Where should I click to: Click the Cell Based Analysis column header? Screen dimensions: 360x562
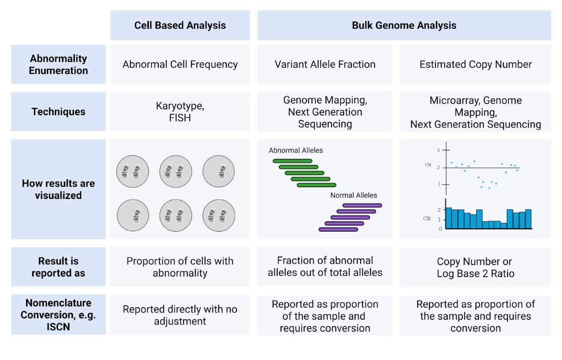pyautogui.click(x=180, y=25)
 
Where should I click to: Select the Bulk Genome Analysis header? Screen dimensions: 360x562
pyautogui.click(x=404, y=25)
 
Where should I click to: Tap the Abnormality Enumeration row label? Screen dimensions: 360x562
pyautogui.click(x=59, y=65)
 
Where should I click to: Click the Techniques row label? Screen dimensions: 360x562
pyautogui.click(x=59, y=112)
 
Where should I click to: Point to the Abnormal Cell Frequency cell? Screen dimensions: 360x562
pyautogui.click(x=180, y=65)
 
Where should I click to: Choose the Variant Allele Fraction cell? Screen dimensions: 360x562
pyautogui.click(x=325, y=65)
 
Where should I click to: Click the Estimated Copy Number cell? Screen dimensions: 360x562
pyautogui.click(x=475, y=65)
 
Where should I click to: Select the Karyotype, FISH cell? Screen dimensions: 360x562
pyautogui.click(x=180, y=112)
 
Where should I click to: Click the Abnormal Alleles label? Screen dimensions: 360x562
pyautogui.click(x=296, y=151)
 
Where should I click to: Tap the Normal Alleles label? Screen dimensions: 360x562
pyautogui.click(x=353, y=195)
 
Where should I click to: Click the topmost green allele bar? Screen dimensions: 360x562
pyautogui.click(x=292, y=161)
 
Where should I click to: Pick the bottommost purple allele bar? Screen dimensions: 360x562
pyautogui.click(x=338, y=229)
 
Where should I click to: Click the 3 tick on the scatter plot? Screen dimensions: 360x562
pyautogui.click(x=438, y=150)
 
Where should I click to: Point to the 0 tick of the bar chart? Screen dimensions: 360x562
pyautogui.click(x=440, y=229)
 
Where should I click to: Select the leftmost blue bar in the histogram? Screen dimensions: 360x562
pyautogui.click(x=448, y=218)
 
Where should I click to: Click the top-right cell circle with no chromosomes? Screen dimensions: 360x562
pyautogui.click(x=219, y=171)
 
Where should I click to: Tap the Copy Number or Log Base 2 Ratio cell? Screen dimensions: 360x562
pyautogui.click(x=475, y=268)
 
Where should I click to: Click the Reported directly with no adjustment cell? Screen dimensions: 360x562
pyautogui.click(x=180, y=315)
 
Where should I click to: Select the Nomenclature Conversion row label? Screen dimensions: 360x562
pyautogui.click(x=59, y=315)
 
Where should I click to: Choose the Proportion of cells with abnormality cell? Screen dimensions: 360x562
pyautogui.click(x=180, y=267)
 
